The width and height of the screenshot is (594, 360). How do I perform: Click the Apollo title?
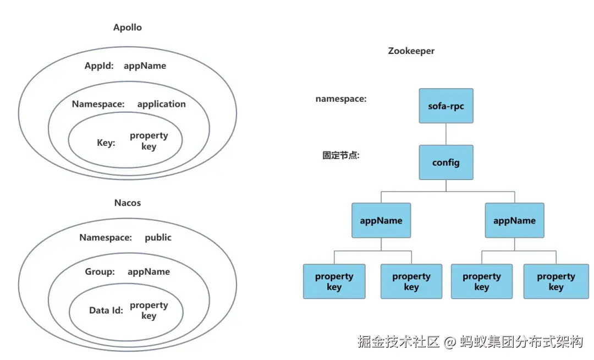(128, 28)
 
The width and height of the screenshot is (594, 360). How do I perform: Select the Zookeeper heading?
(411, 51)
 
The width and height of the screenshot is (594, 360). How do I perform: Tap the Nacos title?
(128, 203)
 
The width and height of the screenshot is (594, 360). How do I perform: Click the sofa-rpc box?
(446, 106)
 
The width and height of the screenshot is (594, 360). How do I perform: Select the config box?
(446, 162)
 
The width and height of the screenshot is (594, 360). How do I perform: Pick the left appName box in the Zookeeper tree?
(381, 221)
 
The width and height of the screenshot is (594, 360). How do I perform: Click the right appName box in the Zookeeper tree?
(514, 221)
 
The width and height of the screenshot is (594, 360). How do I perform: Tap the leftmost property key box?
(334, 281)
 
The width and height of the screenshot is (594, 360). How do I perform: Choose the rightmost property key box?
(555, 281)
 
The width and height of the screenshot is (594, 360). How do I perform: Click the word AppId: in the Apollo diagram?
(99, 66)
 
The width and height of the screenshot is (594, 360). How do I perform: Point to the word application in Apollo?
(161, 104)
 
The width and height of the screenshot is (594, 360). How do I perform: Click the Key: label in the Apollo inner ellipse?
(106, 143)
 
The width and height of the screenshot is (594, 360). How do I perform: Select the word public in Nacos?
(158, 238)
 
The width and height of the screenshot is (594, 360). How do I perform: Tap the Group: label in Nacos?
(100, 272)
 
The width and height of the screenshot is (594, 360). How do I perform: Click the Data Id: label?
(106, 311)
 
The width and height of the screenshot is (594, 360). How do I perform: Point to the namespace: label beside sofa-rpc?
(341, 99)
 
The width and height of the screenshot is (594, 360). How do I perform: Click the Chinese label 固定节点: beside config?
(340, 156)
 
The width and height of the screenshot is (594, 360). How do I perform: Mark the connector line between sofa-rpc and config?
(446, 134)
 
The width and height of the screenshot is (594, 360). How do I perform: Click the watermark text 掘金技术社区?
(398, 342)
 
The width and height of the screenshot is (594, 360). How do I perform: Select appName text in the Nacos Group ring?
(148, 272)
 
